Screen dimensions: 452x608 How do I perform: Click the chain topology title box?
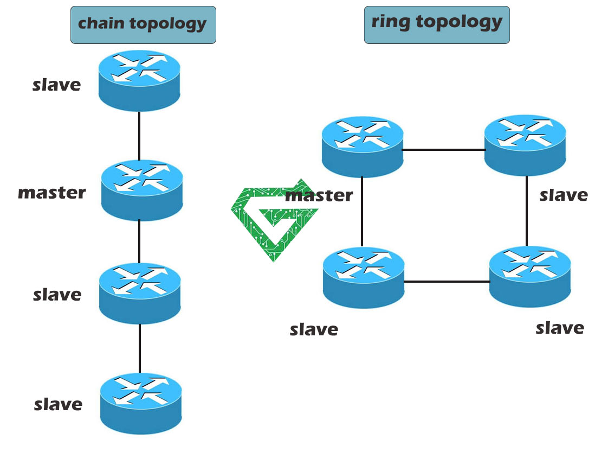143,25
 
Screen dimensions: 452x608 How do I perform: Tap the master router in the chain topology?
142,190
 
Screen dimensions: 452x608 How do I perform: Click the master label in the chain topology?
52,193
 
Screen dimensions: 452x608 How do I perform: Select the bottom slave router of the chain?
141,403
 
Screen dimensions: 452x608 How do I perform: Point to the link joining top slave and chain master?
139,136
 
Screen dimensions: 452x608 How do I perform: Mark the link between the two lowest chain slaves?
140,348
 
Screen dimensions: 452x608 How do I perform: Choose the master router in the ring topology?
363,147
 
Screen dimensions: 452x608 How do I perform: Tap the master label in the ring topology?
319,195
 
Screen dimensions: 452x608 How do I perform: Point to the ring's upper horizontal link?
443,149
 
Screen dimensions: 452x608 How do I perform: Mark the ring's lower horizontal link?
447,282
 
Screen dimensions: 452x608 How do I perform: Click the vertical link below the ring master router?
362,212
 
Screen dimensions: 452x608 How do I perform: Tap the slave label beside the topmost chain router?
57,85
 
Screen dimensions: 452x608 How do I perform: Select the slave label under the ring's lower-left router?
314,329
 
